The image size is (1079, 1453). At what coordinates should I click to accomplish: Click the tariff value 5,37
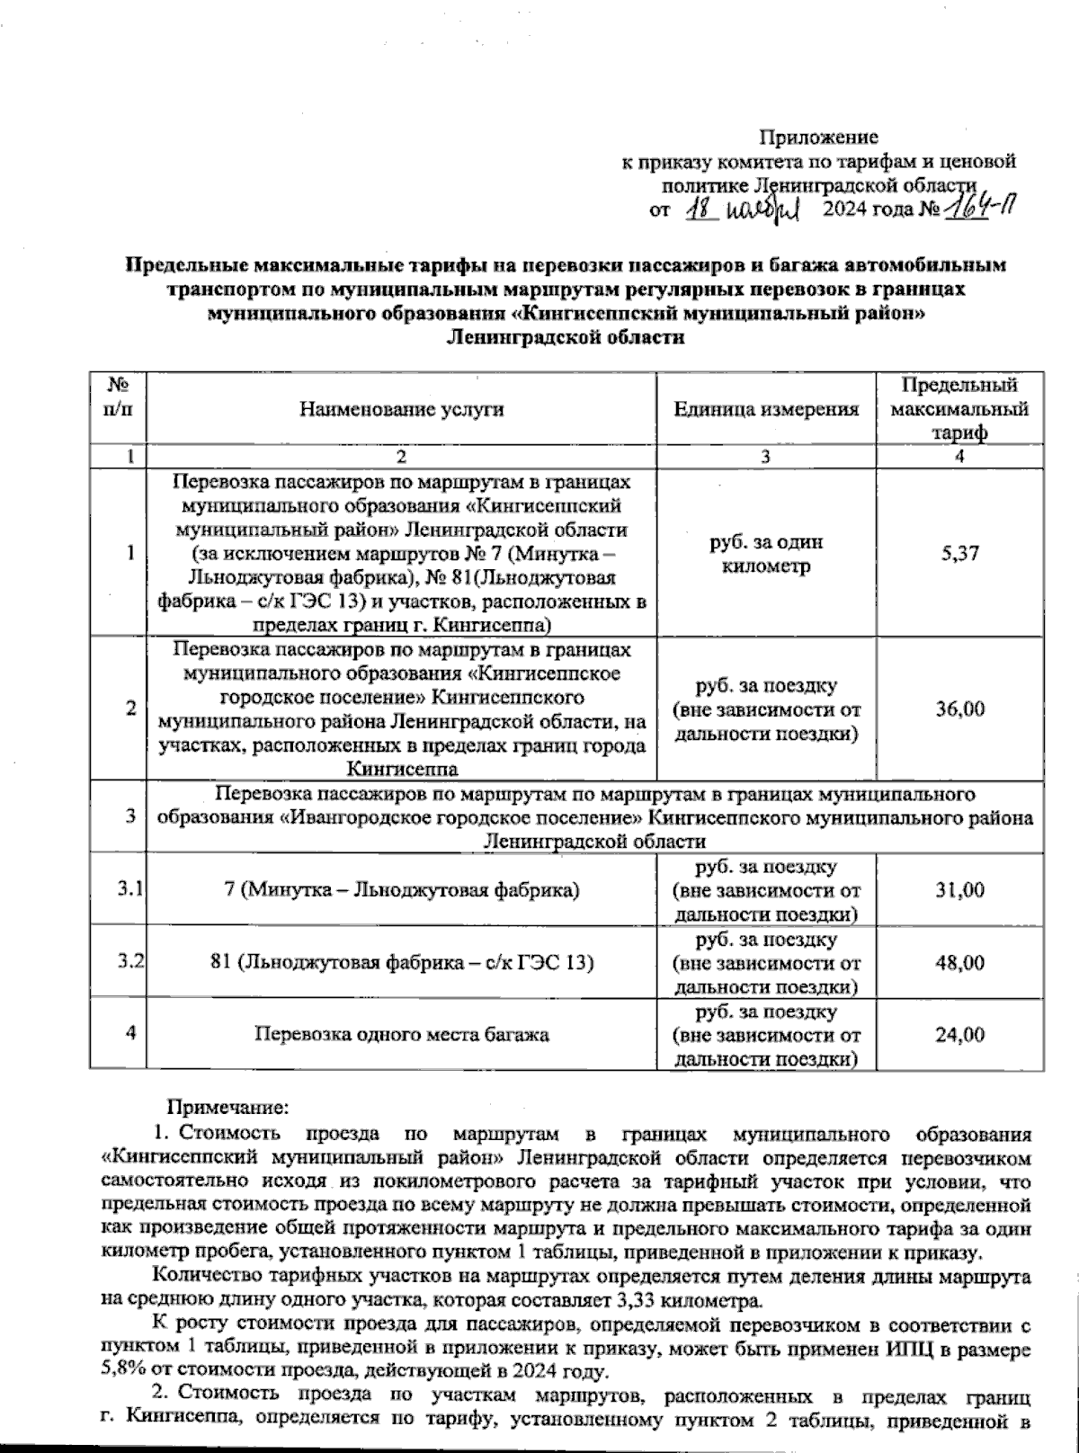[x=959, y=555]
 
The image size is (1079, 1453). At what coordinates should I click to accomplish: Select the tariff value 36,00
[x=959, y=709]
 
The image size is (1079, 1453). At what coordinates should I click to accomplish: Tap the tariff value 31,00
[x=959, y=890]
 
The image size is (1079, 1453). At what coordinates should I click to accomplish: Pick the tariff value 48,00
[x=959, y=963]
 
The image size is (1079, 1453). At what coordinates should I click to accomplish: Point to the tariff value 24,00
[x=959, y=1035]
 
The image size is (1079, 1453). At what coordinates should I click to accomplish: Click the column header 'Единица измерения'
[x=766, y=409]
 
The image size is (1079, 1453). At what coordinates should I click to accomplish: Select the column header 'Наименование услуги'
[x=401, y=409]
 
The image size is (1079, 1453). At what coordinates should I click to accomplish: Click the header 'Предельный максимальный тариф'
[x=959, y=409]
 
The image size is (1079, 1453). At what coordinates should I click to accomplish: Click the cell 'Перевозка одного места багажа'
[x=401, y=1035]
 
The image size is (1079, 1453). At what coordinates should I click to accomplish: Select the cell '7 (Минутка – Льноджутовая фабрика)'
[x=401, y=891]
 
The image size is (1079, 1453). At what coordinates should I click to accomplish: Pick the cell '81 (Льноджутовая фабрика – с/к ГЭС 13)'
[x=401, y=963]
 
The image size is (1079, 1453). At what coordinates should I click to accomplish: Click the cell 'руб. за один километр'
[x=766, y=555]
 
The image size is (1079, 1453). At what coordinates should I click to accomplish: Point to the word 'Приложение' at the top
[x=818, y=138]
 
